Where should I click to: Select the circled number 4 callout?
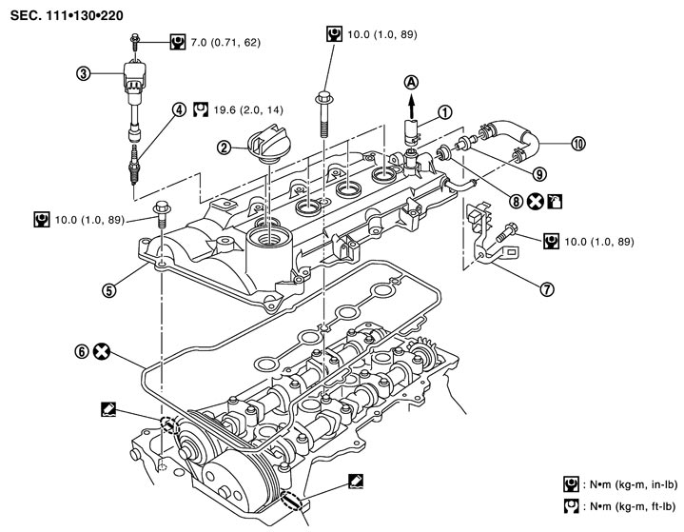pos(178,108)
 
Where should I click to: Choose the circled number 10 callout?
pos(577,145)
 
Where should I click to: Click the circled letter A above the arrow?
pos(411,82)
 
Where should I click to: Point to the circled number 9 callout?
pos(539,173)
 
